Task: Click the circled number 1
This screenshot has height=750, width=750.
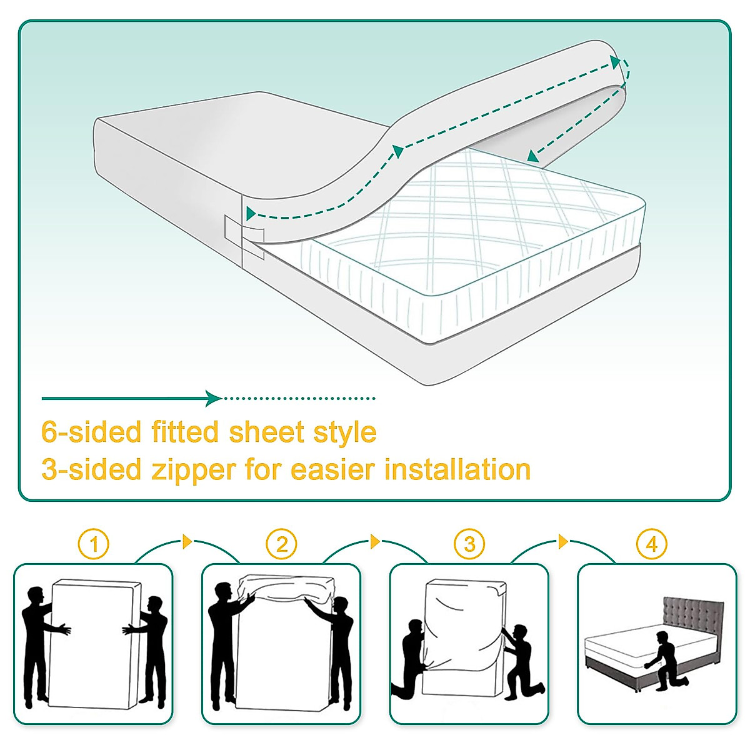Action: (x=94, y=545)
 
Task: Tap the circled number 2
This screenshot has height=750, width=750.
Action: (x=281, y=545)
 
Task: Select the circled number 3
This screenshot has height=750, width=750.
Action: (x=469, y=545)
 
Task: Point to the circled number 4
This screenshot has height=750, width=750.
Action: (x=651, y=545)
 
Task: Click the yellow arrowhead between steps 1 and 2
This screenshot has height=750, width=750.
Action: (x=187, y=541)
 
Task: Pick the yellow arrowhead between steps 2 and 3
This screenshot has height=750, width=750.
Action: (x=375, y=541)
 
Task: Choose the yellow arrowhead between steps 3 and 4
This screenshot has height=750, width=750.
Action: (x=563, y=541)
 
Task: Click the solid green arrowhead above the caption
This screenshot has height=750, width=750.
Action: (x=214, y=398)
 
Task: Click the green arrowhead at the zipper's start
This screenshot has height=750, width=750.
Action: (x=251, y=214)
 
